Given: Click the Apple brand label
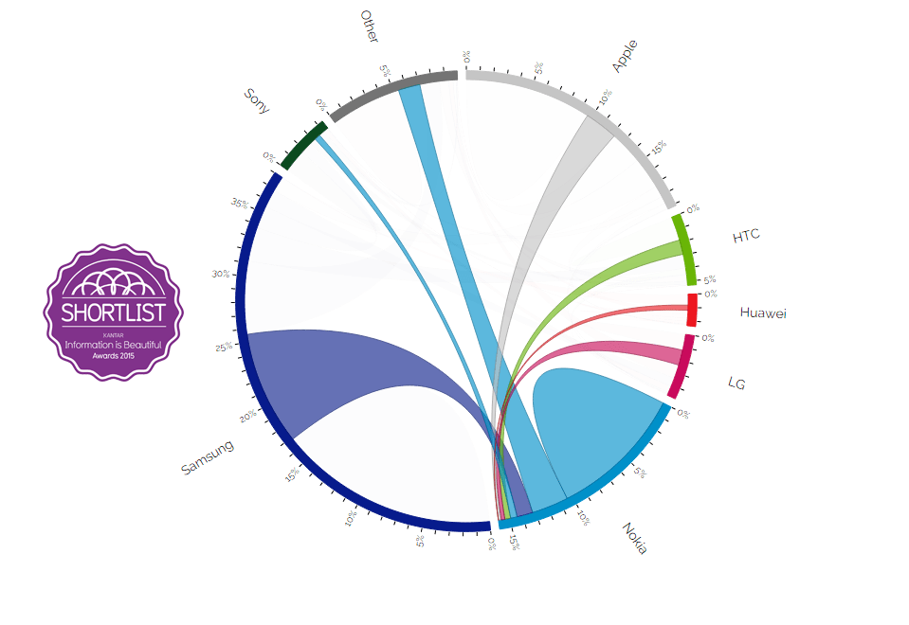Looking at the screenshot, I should tap(626, 56).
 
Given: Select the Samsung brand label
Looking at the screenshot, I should tap(207, 456).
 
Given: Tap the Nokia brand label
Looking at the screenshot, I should tap(635, 538).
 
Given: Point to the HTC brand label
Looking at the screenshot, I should tap(746, 236).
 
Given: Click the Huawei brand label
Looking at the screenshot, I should tap(763, 312).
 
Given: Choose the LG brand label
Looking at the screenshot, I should tap(736, 383).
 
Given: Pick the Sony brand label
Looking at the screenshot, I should tap(257, 100).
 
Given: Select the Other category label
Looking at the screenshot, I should tap(370, 27).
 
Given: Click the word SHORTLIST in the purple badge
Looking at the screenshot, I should tap(114, 312).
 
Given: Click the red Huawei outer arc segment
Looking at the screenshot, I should tap(693, 310).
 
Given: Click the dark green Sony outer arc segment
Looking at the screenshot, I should tap(304, 145).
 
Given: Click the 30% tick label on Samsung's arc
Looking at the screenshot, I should tap(221, 274).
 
